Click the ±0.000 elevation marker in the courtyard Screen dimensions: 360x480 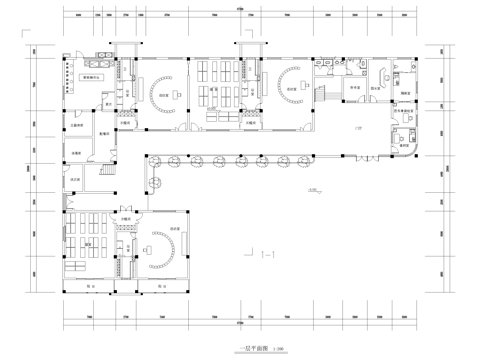tap(312, 190)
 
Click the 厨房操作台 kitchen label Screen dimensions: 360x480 tap(95, 76)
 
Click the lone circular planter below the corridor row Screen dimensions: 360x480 tap(155, 183)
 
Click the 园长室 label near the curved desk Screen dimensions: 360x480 tap(379, 87)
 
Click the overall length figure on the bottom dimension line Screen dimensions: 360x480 tap(240, 324)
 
